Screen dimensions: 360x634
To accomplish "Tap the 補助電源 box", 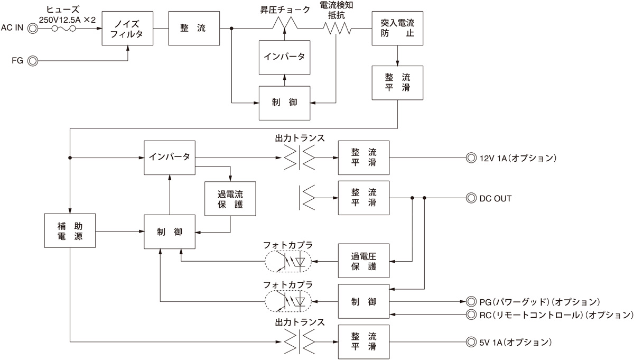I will [x=70, y=230].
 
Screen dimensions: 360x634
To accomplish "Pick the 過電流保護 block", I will [x=230, y=198].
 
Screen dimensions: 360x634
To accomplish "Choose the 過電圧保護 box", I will [x=363, y=261].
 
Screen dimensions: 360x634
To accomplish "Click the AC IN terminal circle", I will [x=33, y=27].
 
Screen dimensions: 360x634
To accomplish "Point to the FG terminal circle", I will [x=33, y=61].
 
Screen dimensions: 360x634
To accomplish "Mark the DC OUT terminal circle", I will [x=471, y=198].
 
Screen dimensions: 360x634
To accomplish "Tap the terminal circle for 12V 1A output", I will [x=471, y=158].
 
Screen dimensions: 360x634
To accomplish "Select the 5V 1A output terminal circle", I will [x=471, y=342].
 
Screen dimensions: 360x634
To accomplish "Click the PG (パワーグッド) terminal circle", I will [x=471, y=302].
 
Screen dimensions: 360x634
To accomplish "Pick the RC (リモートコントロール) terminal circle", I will [x=471, y=315].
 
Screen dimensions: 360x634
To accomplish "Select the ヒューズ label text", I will [x=62, y=10].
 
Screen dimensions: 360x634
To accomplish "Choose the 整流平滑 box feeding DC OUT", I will [x=363, y=198].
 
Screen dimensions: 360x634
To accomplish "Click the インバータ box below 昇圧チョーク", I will [x=285, y=57].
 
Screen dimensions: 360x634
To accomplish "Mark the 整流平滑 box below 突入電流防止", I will [x=397, y=83].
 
